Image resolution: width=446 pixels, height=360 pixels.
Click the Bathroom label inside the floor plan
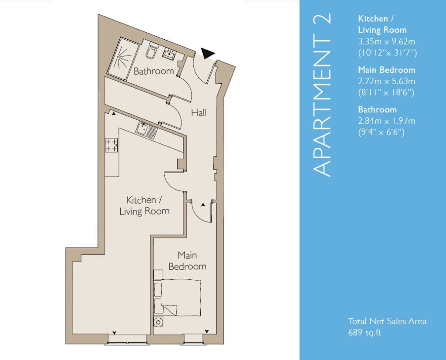(154, 71)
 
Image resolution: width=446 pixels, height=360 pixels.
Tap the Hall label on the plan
(199, 113)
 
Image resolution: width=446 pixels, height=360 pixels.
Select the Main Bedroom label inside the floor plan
(187, 261)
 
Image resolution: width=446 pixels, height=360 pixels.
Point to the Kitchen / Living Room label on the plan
(144, 205)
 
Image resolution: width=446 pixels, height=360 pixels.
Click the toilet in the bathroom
(151, 51)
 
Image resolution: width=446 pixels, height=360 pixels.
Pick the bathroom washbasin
(169, 54)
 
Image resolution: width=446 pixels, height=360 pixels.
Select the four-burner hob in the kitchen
(111, 145)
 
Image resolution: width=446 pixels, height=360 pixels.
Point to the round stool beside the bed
(158, 322)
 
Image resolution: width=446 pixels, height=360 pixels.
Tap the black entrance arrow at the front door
(208, 53)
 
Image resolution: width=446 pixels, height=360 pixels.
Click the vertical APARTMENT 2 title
(322, 95)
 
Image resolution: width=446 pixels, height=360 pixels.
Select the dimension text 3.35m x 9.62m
(387, 41)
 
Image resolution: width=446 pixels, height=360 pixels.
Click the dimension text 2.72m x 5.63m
(387, 82)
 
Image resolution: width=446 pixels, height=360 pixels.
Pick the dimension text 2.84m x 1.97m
(387, 121)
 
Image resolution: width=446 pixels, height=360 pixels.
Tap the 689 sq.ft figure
(365, 333)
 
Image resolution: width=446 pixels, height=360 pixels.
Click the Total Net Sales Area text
(387, 321)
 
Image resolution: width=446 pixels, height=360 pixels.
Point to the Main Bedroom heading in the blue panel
(387, 70)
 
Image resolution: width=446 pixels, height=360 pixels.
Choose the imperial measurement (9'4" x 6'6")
(381, 132)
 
